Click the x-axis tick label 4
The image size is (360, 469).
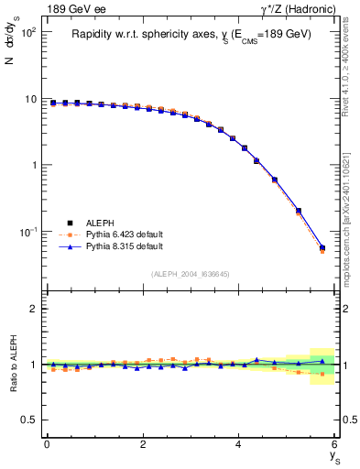(x=239, y=444)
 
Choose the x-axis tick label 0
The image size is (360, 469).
(x=47, y=444)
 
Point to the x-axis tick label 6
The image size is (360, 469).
(x=335, y=444)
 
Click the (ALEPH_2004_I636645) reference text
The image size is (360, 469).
(x=191, y=273)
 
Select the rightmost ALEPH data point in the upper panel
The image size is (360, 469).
(x=322, y=247)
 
